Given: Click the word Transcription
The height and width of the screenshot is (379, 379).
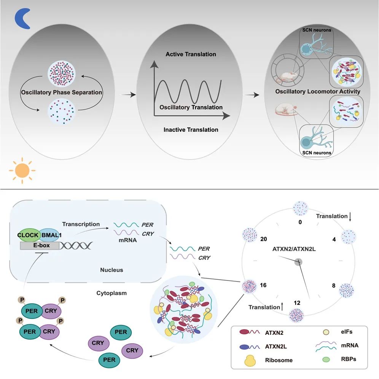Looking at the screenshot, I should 81,224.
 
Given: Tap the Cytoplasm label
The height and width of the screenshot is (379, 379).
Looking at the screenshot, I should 112,294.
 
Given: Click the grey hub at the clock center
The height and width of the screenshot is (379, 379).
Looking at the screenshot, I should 298,261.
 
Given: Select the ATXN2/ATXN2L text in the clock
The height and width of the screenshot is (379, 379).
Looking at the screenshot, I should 298,249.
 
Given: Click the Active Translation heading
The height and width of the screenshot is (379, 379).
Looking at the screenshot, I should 191,54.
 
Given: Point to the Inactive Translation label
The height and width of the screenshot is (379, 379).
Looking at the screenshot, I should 191,130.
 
